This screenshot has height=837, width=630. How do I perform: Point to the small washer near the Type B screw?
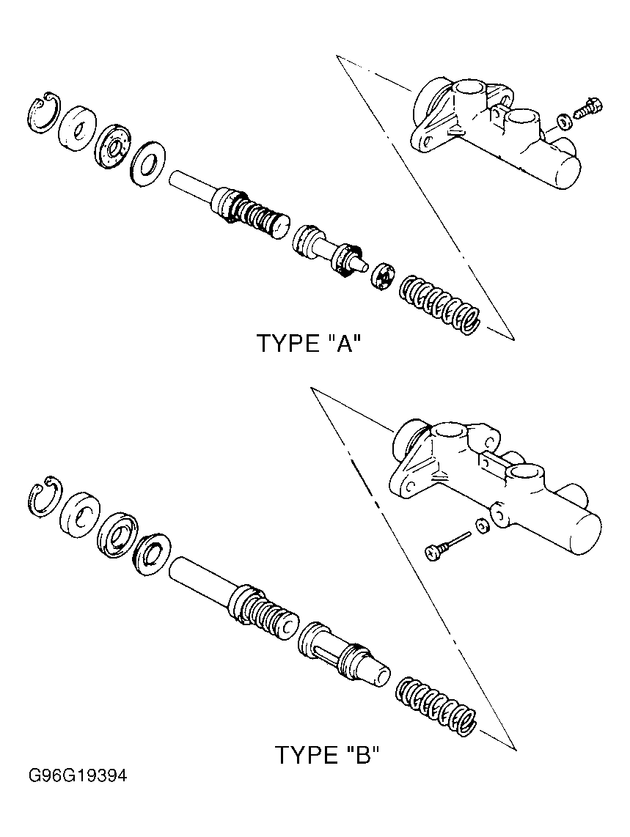click(481, 526)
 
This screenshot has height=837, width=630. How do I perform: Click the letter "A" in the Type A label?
click(340, 343)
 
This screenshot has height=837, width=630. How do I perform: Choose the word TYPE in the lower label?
click(304, 755)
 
